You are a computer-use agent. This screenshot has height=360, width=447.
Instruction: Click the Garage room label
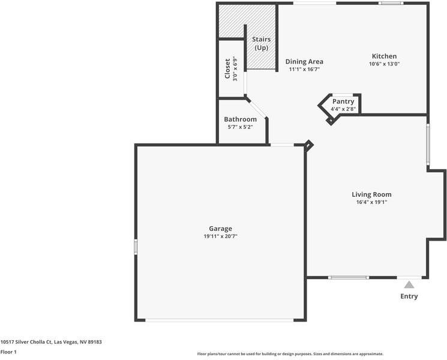(220, 229)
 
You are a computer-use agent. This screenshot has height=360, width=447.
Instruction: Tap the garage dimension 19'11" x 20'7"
(220, 236)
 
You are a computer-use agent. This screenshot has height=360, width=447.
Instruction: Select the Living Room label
(371, 194)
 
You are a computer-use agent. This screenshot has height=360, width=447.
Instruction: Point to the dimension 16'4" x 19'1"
(371, 202)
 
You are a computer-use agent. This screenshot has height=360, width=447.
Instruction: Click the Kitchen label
(384, 56)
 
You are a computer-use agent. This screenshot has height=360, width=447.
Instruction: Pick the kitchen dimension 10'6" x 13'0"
(384, 64)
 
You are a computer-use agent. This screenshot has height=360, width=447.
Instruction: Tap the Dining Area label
(304, 61)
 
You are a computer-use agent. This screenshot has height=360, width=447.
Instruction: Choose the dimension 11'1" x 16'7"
(304, 69)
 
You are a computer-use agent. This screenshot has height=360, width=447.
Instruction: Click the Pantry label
(343, 101)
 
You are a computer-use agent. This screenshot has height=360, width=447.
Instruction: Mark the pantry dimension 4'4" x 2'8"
(343, 109)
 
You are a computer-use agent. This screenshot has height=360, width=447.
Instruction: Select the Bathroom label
(241, 119)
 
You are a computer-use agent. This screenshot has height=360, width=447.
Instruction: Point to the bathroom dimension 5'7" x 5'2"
(241, 127)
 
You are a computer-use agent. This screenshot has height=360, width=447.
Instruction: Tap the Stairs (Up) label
(261, 43)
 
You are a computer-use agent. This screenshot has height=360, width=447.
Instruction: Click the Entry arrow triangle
(409, 285)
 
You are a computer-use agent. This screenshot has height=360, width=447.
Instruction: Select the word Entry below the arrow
(409, 296)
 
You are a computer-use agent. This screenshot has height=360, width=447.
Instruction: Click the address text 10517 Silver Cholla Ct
(51, 342)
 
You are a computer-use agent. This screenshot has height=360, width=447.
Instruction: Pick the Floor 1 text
(8, 352)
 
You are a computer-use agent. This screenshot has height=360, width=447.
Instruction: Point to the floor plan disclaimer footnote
(290, 354)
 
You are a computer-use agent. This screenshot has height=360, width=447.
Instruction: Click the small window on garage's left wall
(136, 246)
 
